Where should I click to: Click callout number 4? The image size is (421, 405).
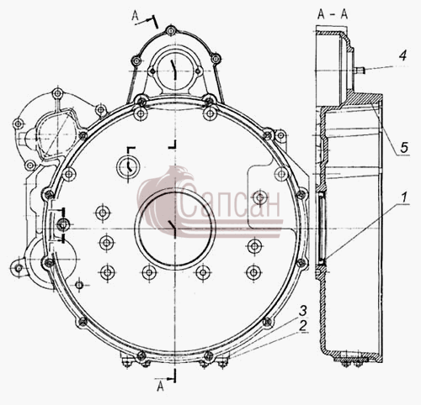click(x=402, y=55)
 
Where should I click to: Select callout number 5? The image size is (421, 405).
click(x=404, y=147)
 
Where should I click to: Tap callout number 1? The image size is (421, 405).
click(x=403, y=197)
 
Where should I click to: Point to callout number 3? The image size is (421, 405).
click(x=303, y=311)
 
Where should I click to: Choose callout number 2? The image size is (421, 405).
click(x=302, y=326)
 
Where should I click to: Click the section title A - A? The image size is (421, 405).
click(x=333, y=14)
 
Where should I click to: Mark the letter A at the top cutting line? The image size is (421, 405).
click(x=136, y=16)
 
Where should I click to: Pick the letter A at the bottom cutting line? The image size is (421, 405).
click(x=160, y=387)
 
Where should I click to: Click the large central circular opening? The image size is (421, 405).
click(x=175, y=229)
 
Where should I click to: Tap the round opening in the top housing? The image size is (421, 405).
click(x=175, y=71)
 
